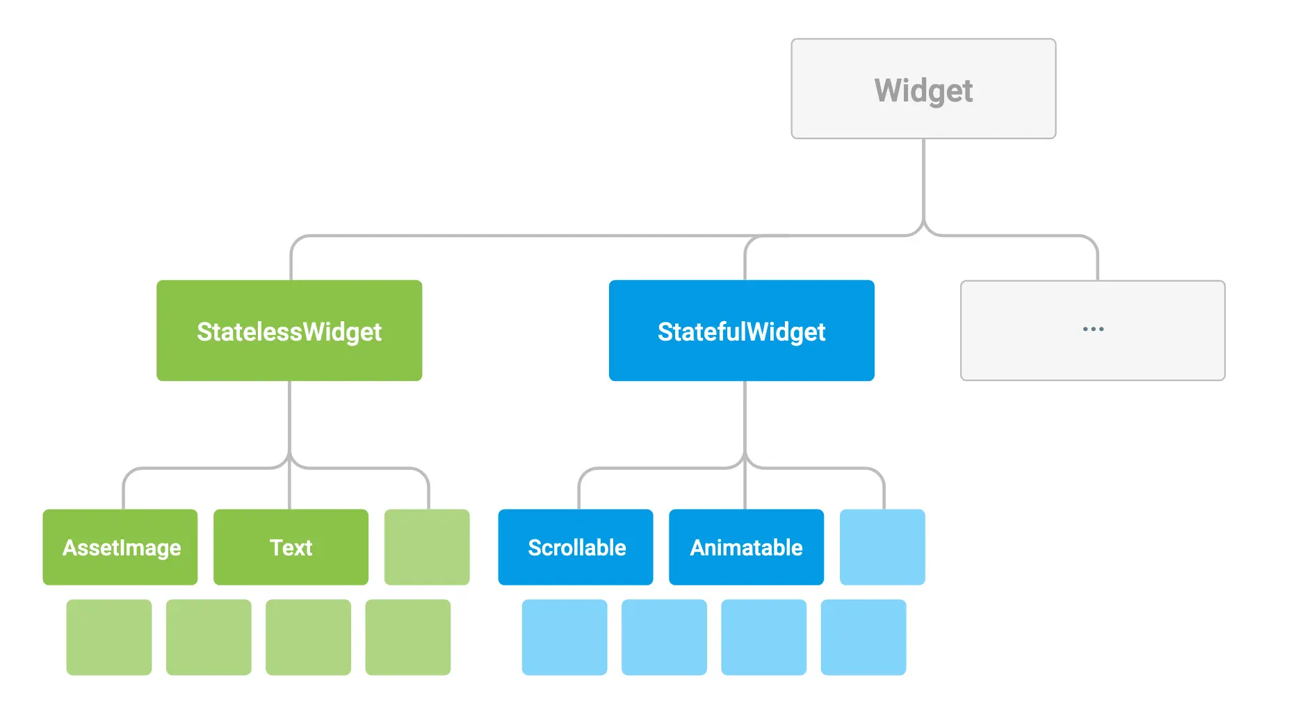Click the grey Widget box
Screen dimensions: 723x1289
pyautogui.click(x=923, y=89)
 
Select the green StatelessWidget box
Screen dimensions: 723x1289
pyautogui.click(x=289, y=331)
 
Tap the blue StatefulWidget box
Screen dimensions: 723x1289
pyautogui.click(x=741, y=331)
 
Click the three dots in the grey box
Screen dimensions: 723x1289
pyautogui.click(x=1093, y=329)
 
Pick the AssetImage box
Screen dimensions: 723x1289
pyautogui.click(x=120, y=547)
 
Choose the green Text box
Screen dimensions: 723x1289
pyautogui.click(x=291, y=547)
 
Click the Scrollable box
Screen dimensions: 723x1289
pyautogui.click(x=576, y=547)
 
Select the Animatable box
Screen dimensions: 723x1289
pyautogui.click(x=746, y=547)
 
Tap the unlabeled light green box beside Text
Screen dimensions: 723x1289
pyautogui.click(x=427, y=547)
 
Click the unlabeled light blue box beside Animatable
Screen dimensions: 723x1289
pyautogui.click(x=882, y=547)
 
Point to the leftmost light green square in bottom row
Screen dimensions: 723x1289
pyautogui.click(x=109, y=637)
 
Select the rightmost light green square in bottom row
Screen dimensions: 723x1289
pyautogui.click(x=408, y=637)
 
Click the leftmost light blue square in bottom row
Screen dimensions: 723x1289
pyautogui.click(x=565, y=637)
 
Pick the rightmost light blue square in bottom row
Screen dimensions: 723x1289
pyautogui.click(x=864, y=637)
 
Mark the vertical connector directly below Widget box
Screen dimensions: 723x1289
pyautogui.click(x=923, y=181)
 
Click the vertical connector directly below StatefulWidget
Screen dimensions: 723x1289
pyautogui.click(x=745, y=417)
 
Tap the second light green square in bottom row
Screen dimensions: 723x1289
pyautogui.click(x=209, y=637)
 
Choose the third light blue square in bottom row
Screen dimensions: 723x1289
pyautogui.click(x=764, y=637)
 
